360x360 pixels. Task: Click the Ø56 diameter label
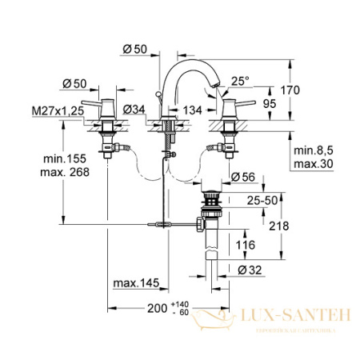(245, 177)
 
